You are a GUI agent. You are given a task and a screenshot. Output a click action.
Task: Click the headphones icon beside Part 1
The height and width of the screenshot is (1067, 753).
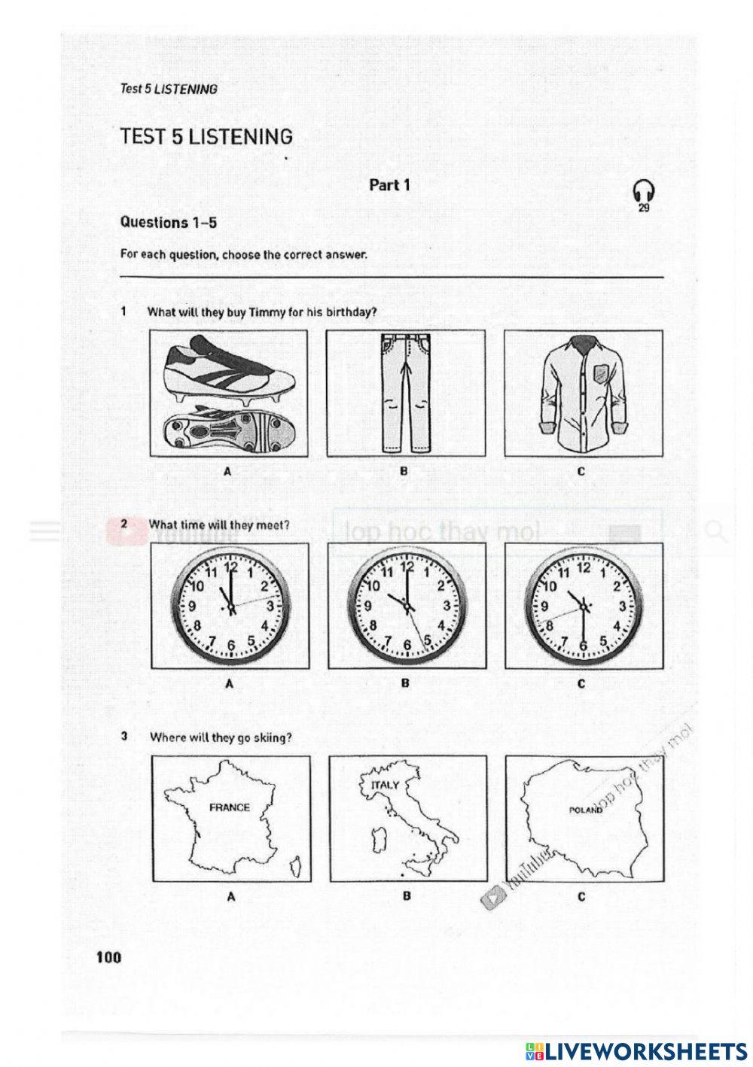point(644,191)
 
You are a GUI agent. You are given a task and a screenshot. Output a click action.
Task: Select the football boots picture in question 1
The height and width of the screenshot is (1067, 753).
point(229,394)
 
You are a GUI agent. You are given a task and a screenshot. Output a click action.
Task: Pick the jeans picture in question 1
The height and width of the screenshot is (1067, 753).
point(405,394)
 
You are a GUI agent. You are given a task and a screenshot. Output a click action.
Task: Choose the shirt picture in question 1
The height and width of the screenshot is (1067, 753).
point(583,394)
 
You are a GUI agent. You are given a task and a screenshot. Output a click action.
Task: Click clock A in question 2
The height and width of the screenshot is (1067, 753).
point(230,606)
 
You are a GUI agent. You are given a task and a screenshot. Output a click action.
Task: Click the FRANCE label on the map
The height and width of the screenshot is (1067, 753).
point(230,807)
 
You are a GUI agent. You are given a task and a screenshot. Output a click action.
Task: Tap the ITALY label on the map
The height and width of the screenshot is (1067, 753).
point(386,785)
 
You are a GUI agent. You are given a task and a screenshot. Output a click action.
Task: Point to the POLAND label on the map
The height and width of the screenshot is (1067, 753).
point(587,810)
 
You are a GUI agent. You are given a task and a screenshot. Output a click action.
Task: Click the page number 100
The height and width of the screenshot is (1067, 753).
point(108,958)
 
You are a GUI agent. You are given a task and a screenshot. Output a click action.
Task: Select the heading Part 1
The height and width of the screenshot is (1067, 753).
point(389,184)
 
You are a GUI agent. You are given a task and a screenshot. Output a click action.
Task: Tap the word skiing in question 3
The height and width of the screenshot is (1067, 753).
point(273,737)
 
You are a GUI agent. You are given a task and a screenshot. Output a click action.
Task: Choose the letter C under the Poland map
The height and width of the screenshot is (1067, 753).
point(581,897)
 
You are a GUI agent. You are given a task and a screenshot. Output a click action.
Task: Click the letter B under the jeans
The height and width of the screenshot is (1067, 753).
point(404,472)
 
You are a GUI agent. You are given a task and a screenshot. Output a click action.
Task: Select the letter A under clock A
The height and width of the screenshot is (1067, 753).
point(228,685)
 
